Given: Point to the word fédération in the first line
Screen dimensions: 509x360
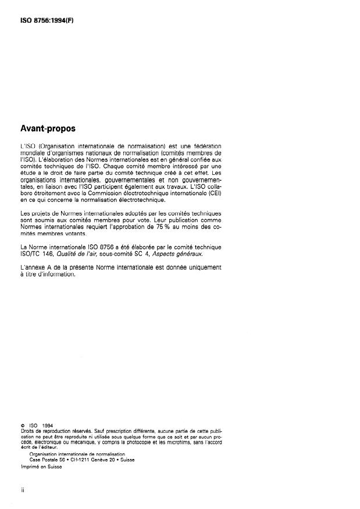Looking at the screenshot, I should click(203, 145).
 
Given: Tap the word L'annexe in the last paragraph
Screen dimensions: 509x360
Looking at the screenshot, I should click(33, 267).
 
